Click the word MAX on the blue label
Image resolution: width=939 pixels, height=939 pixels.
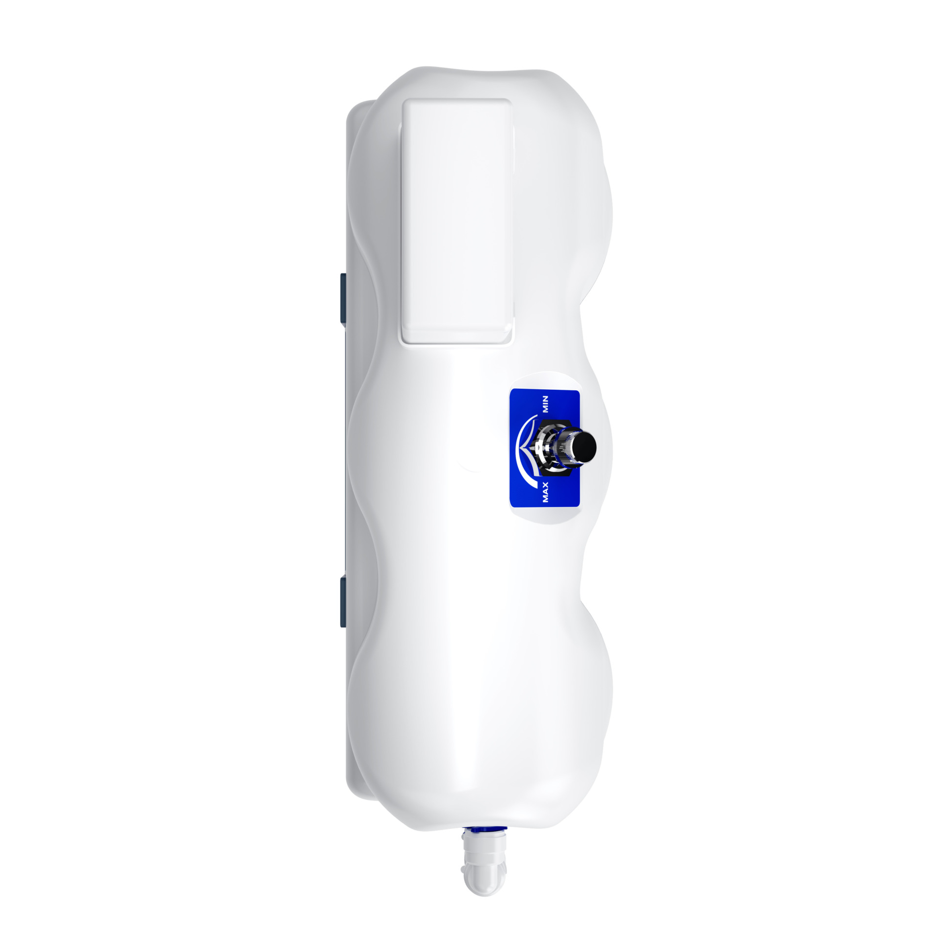(546, 492)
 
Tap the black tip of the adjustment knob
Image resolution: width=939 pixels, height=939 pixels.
(586, 446)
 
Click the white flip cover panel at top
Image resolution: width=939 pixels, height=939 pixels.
(457, 221)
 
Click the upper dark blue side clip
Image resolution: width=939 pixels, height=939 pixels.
(343, 298)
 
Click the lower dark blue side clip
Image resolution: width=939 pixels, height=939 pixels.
(343, 602)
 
